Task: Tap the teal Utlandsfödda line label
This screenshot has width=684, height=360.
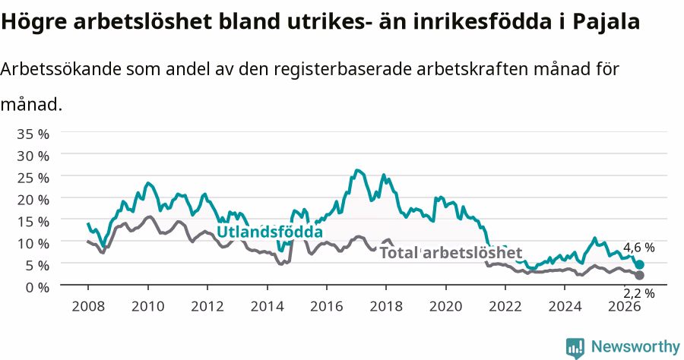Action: click(270, 232)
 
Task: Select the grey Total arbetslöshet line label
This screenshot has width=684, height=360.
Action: click(451, 252)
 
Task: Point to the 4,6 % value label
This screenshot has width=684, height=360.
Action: click(638, 248)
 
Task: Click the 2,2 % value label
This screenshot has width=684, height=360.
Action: click(638, 293)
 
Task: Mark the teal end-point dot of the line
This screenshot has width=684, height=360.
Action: click(639, 264)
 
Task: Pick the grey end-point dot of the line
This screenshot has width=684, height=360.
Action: click(639, 275)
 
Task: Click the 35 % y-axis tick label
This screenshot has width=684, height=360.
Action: click(33, 134)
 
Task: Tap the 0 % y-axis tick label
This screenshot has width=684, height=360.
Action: click(37, 287)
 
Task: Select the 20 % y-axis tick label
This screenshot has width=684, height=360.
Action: click(33, 200)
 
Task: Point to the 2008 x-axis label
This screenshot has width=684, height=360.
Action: click(88, 306)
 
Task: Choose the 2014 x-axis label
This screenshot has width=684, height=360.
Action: click(267, 306)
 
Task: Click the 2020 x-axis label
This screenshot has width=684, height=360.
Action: click(445, 306)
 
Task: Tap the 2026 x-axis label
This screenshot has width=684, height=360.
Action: click(624, 306)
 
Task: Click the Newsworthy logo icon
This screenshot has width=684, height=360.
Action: click(575, 348)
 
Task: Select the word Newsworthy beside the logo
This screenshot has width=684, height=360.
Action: click(635, 347)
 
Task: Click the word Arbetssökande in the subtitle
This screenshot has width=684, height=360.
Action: click(61, 70)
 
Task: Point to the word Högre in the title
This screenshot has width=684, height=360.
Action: click(34, 22)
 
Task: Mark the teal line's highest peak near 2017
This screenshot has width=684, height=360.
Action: click(357, 170)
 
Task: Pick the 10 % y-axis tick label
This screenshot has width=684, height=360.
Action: click(33, 243)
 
